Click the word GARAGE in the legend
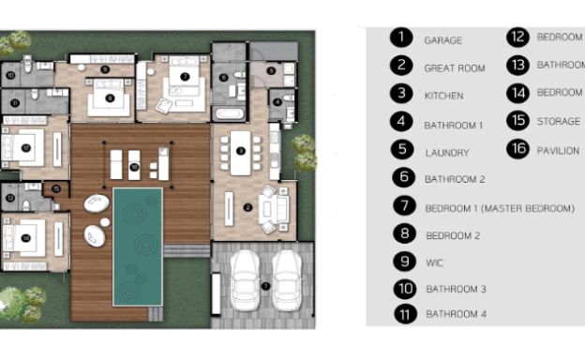[442, 41]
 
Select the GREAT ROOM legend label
[454, 68]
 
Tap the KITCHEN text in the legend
[443, 96]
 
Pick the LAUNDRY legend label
[446, 152]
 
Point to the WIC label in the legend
[433, 262]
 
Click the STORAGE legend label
[558, 122]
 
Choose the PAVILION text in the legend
[558, 150]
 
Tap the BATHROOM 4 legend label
[456, 315]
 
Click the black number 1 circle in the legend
[402, 37]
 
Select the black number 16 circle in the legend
[518, 148]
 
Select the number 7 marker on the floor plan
[185, 76]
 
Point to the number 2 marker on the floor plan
[247, 207]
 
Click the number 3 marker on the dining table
[240, 150]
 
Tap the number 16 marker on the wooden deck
[135, 166]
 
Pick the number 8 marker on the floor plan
[110, 97]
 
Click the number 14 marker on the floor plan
[26, 238]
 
